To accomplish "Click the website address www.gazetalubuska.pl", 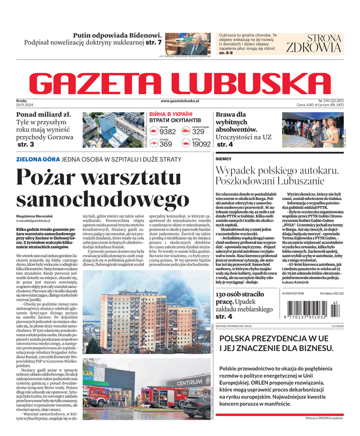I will [x=180, y=101].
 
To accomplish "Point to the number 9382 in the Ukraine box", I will [x=168, y=131].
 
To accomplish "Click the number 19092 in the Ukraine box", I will [x=201, y=144].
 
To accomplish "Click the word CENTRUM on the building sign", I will [x=190, y=382].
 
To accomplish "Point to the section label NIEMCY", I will [x=224, y=159].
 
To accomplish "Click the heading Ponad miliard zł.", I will [x=44, y=114].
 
